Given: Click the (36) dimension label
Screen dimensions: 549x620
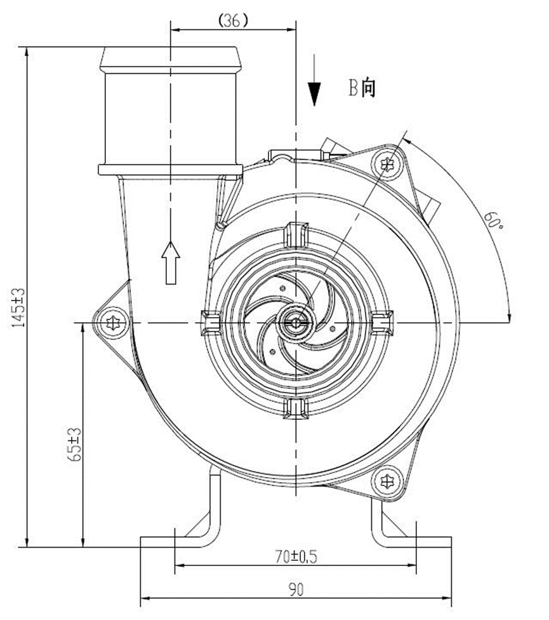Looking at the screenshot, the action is point(233,20).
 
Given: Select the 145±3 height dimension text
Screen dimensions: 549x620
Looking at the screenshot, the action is point(18,307).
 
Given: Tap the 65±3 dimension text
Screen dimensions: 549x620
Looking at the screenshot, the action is point(75,445).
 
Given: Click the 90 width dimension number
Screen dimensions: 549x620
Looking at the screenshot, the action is point(296,590).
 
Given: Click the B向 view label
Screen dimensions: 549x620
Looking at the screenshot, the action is point(362,88).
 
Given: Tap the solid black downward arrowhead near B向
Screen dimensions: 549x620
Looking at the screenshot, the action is point(314,94).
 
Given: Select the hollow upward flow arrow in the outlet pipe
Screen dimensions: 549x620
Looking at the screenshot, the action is point(171,262).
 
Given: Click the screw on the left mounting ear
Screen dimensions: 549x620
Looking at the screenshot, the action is point(113,323).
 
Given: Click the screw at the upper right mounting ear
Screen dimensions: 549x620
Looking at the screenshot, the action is point(387,163).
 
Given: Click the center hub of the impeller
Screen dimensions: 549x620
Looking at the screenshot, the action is point(296,322).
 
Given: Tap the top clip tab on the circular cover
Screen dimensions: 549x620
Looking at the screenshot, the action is point(296,235).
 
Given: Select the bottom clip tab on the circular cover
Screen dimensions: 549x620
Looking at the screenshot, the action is point(296,410).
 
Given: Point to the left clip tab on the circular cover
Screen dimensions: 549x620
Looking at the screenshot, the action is point(211,323).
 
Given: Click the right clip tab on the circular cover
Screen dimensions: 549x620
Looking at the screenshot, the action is point(383,323).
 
